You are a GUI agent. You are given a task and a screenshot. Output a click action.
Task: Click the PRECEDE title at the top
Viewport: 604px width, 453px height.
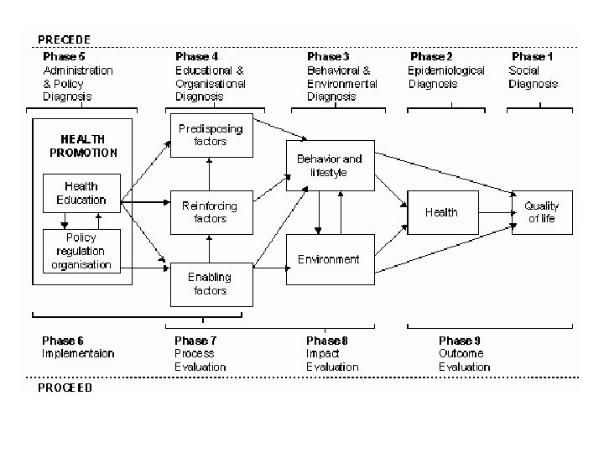pos(64,39)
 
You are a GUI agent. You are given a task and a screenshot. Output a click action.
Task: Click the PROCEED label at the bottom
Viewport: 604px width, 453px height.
pos(65,388)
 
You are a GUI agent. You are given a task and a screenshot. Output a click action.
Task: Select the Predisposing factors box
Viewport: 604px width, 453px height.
pos(210,136)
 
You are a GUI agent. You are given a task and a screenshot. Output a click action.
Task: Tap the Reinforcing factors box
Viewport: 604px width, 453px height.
pos(210,211)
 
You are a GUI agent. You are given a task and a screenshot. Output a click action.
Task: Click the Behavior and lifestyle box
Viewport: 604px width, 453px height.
pos(329,165)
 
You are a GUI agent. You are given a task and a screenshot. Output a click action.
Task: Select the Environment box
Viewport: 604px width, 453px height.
pos(329,259)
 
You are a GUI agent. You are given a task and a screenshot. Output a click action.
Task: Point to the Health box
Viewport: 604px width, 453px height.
pos(441,212)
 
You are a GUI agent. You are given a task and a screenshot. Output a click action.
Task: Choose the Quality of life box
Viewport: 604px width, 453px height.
pos(541,212)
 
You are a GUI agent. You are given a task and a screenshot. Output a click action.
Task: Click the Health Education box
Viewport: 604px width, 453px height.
pos(81,193)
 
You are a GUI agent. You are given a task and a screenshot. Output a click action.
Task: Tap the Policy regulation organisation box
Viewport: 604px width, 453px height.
pos(81,251)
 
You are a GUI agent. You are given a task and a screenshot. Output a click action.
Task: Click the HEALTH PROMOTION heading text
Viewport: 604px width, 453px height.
pos(83,146)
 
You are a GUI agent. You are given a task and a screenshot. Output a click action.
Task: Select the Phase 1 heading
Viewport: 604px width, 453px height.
pos(533,56)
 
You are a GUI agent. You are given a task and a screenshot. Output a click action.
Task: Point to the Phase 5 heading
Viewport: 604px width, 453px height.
pos(65,56)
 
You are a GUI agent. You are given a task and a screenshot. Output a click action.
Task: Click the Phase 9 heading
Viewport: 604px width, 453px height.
pos(461,341)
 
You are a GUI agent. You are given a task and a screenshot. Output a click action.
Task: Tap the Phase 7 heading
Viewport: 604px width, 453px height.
pos(196,341)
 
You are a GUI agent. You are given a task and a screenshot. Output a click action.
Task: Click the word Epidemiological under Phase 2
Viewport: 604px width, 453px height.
pos(446,70)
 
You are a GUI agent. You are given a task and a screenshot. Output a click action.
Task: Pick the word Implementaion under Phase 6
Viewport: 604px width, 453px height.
pos(78,354)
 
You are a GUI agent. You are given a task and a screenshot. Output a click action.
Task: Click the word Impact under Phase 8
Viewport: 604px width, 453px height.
pos(322,354)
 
